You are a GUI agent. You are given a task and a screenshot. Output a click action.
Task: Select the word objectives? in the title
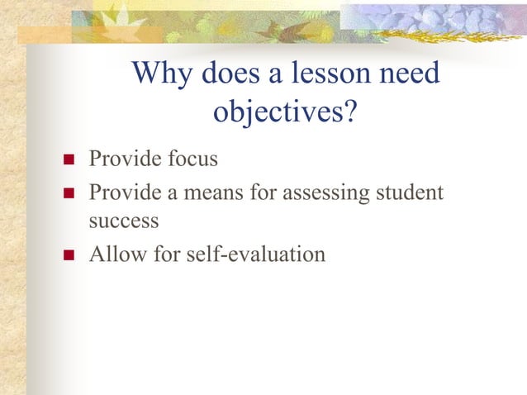click(x=285, y=112)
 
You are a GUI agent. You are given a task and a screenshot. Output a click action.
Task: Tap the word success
click(x=123, y=221)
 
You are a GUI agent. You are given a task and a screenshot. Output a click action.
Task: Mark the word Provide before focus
click(x=124, y=158)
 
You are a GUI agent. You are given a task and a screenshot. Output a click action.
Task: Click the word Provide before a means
click(x=124, y=193)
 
